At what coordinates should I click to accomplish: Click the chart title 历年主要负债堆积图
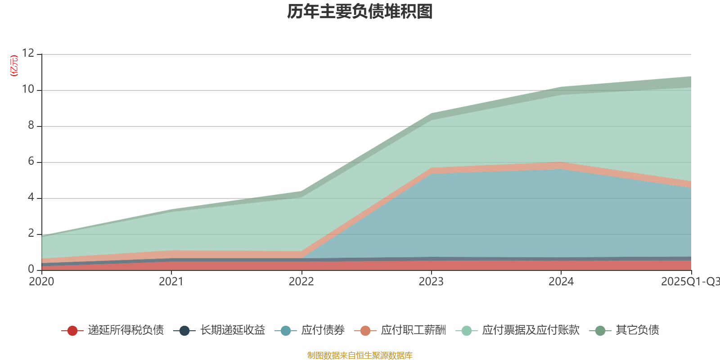[360, 12]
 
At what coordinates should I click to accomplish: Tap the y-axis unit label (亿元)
[14, 66]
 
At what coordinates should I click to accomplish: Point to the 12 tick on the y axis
[28, 53]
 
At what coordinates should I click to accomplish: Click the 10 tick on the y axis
[28, 89]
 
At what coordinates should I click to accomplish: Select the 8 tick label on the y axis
[31, 125]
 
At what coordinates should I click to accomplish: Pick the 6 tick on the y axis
[31, 161]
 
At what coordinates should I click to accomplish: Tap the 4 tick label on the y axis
[31, 197]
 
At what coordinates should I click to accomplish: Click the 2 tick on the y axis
[31, 233]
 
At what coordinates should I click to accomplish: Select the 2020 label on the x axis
[41, 281]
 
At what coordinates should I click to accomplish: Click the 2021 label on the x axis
[171, 281]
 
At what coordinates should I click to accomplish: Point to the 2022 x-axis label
[301, 281]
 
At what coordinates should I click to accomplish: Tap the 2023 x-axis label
[431, 281]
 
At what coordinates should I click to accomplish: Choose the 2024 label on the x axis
[561, 281]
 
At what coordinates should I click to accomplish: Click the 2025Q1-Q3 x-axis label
[689, 281]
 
